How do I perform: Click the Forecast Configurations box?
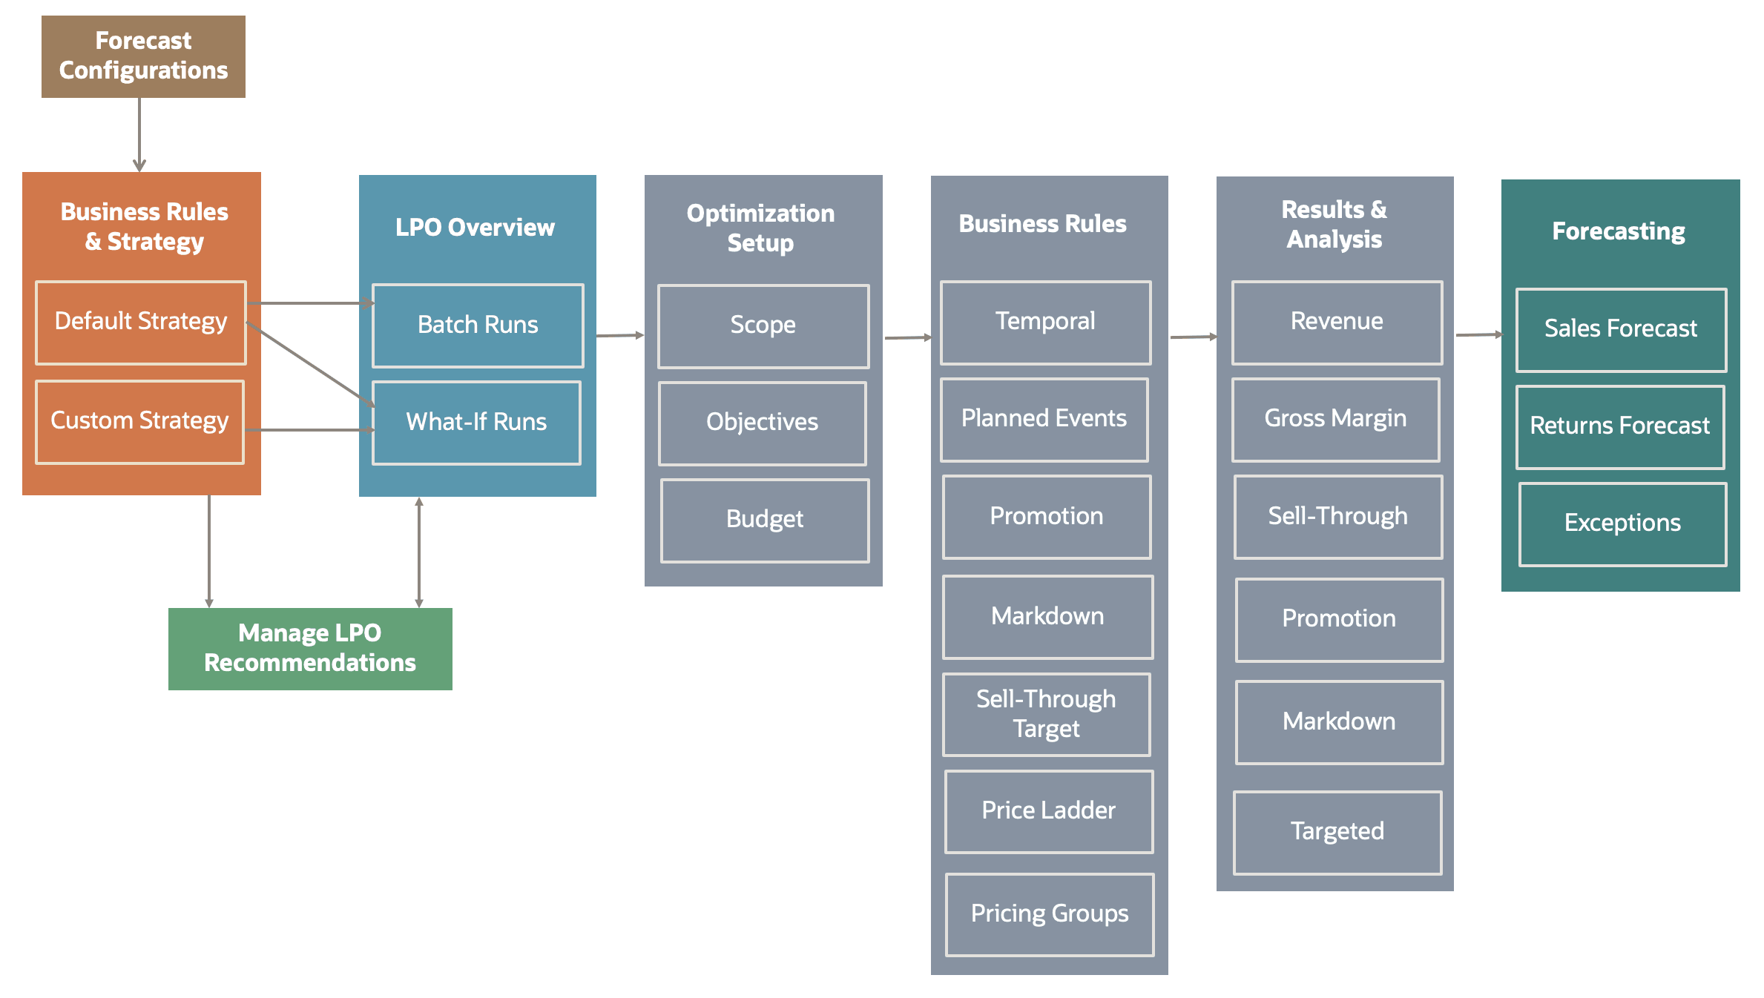(143, 56)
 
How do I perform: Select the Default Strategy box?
(141, 322)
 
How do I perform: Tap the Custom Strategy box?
(139, 421)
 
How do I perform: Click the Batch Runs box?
(478, 325)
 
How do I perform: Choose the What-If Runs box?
(476, 423)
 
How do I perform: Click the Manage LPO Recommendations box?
(310, 648)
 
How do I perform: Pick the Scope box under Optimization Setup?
(763, 325)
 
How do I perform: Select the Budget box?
(764, 520)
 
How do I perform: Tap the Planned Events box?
(1044, 419)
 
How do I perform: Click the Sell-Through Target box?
(1046, 714)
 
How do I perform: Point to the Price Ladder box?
(1048, 811)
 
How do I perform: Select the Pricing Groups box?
(1049, 914)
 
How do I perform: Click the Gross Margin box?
(1335, 419)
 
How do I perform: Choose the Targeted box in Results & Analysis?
(1337, 832)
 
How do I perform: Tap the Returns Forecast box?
(1619, 426)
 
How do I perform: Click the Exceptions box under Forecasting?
(1622, 523)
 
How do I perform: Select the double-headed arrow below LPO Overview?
(419, 552)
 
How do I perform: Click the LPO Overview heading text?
(475, 228)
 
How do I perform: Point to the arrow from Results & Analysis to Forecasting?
(1478, 335)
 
